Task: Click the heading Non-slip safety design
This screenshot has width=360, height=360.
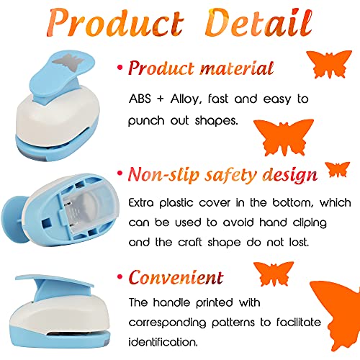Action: [x=221, y=174]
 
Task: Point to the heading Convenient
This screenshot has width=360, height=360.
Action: [x=176, y=277]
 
